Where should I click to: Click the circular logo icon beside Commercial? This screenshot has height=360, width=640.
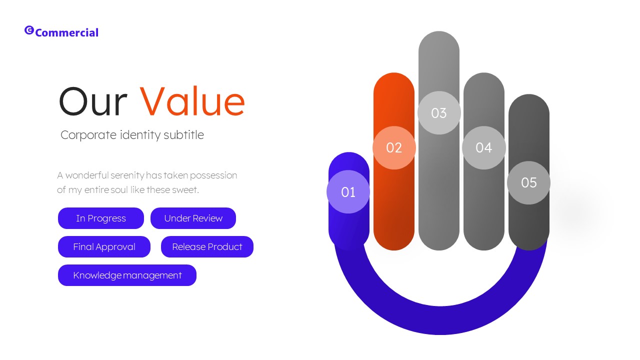pos(29,30)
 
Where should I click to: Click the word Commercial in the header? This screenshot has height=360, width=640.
pos(67,33)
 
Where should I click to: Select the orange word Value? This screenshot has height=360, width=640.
pos(192,102)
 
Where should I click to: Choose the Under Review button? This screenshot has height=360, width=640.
pos(193,218)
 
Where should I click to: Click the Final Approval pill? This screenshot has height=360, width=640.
pos(104,247)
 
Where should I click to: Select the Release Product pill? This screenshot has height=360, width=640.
pos(207,247)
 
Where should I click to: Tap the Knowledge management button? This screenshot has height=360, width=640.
pos(127,275)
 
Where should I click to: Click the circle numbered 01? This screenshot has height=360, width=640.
pos(348,192)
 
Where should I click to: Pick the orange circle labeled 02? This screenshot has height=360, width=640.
pos(394,148)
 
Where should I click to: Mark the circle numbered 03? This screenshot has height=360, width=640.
pos(438,113)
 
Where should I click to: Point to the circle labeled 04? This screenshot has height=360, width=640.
pos(483,148)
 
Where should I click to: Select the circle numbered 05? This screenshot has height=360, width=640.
pos(528,183)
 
